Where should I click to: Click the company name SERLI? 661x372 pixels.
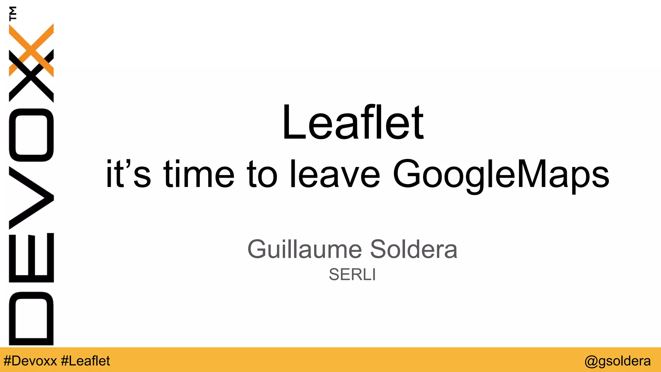[352, 274]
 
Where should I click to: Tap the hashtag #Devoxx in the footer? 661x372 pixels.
[30, 361]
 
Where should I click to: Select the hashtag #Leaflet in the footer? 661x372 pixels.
[85, 361]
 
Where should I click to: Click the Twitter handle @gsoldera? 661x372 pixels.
[617, 361]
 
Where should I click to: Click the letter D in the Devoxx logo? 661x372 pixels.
[31, 318]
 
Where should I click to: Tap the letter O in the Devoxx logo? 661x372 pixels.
[31, 135]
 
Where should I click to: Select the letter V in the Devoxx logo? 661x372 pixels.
[31, 198]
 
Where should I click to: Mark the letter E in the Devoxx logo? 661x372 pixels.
[31, 257]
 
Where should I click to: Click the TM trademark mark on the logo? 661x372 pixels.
[13, 13]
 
